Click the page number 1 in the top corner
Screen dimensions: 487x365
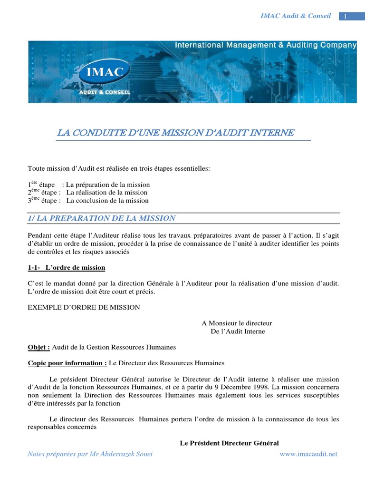tap(345, 17)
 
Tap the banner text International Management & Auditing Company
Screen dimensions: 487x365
tap(266, 45)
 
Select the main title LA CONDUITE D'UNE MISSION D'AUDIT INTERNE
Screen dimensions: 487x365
tap(175, 133)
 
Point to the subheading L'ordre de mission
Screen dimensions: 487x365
tap(75, 268)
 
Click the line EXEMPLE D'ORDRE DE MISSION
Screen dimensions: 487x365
tap(84, 307)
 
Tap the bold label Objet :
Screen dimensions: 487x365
tap(39, 347)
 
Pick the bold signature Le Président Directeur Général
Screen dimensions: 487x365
tap(229, 443)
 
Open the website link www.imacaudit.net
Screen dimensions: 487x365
tap(308, 454)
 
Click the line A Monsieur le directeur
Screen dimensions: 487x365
tap(237, 323)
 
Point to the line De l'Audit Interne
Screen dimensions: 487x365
tap(238, 331)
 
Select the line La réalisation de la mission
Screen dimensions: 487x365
tap(107, 193)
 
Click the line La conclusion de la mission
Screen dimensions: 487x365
tap(107, 201)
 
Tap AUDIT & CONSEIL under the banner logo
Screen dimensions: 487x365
tap(105, 92)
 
